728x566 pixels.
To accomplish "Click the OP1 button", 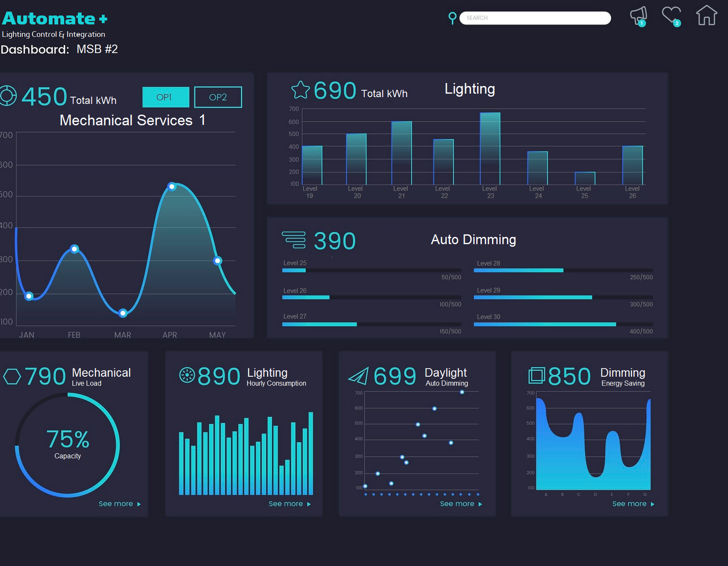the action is pyautogui.click(x=166, y=97).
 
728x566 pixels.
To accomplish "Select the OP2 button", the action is pyautogui.click(x=218, y=97).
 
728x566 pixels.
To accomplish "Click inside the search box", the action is pyautogui.click(x=535, y=18).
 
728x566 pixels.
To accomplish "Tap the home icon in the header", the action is pyautogui.click(x=707, y=15).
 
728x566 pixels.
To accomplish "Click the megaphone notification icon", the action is pyautogui.click(x=639, y=16).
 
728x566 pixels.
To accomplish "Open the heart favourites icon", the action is pyautogui.click(x=672, y=16).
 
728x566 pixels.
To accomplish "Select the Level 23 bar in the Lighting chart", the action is pyautogui.click(x=490, y=149).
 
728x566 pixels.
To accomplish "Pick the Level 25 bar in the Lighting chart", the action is pyautogui.click(x=585, y=178).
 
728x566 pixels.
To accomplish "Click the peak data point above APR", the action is pyautogui.click(x=172, y=187).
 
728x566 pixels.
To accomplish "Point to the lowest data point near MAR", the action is pyautogui.click(x=123, y=313).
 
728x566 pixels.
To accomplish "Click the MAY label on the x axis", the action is pyautogui.click(x=217, y=335).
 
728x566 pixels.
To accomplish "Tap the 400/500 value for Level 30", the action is pyautogui.click(x=641, y=331).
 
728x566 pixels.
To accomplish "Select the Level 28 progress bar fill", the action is pyautogui.click(x=519, y=270).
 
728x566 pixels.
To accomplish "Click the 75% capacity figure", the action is pyautogui.click(x=68, y=439).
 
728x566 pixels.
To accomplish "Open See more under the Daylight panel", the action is pyautogui.click(x=461, y=504).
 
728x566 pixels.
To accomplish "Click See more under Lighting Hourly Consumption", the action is pyautogui.click(x=289, y=504).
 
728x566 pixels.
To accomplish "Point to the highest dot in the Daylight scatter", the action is pyautogui.click(x=462, y=392).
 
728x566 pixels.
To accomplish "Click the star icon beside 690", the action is pyautogui.click(x=300, y=90).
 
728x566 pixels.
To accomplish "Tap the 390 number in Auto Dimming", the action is pyautogui.click(x=335, y=241).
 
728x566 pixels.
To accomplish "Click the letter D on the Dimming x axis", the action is pyautogui.click(x=595, y=494).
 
